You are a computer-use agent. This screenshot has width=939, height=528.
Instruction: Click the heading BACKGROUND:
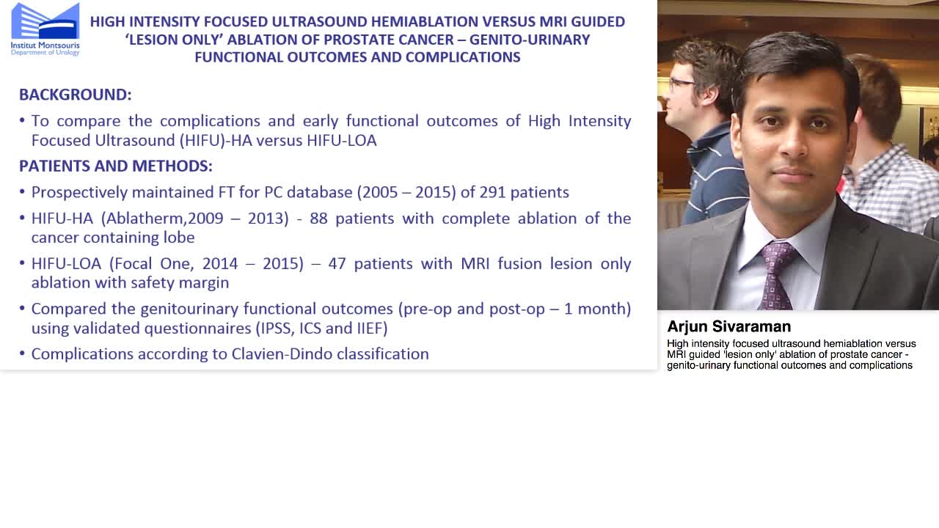pyautogui.click(x=75, y=95)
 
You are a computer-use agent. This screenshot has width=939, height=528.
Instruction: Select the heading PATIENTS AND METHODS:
pyautogui.click(x=115, y=166)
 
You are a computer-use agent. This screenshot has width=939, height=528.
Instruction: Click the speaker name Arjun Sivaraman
pyautogui.click(x=728, y=327)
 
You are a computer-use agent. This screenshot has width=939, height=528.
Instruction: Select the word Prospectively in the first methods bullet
pyautogui.click(x=78, y=192)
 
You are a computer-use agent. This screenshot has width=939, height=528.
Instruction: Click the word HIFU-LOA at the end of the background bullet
pyautogui.click(x=344, y=140)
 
